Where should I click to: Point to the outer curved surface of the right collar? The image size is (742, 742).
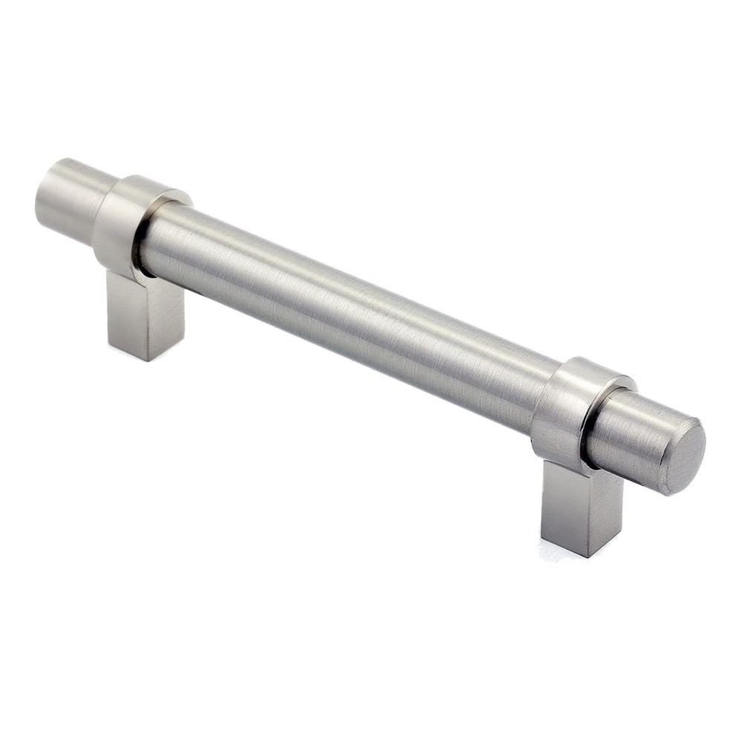tap(553, 408)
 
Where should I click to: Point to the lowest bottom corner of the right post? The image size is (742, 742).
tap(588, 556)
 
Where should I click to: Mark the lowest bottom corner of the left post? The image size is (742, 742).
tap(145, 361)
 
